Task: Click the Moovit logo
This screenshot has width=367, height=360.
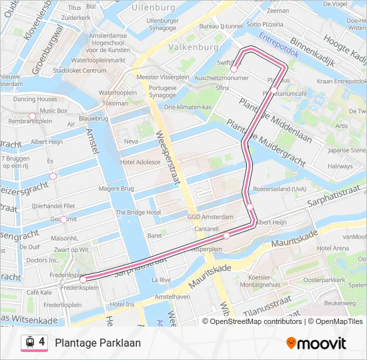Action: pyautogui.click(x=316, y=343)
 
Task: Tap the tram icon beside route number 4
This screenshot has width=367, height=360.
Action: pyautogui.click(x=30, y=342)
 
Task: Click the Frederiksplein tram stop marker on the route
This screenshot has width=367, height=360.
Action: pyautogui.click(x=83, y=279)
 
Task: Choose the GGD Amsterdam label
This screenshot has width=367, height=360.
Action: pyautogui.click(x=210, y=217)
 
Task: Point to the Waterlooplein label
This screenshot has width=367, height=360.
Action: pyautogui.click(x=117, y=93)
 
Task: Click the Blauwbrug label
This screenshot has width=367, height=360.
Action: pyautogui.click(x=93, y=118)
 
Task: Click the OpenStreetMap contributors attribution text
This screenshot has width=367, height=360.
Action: pyautogui.click(x=252, y=321)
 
